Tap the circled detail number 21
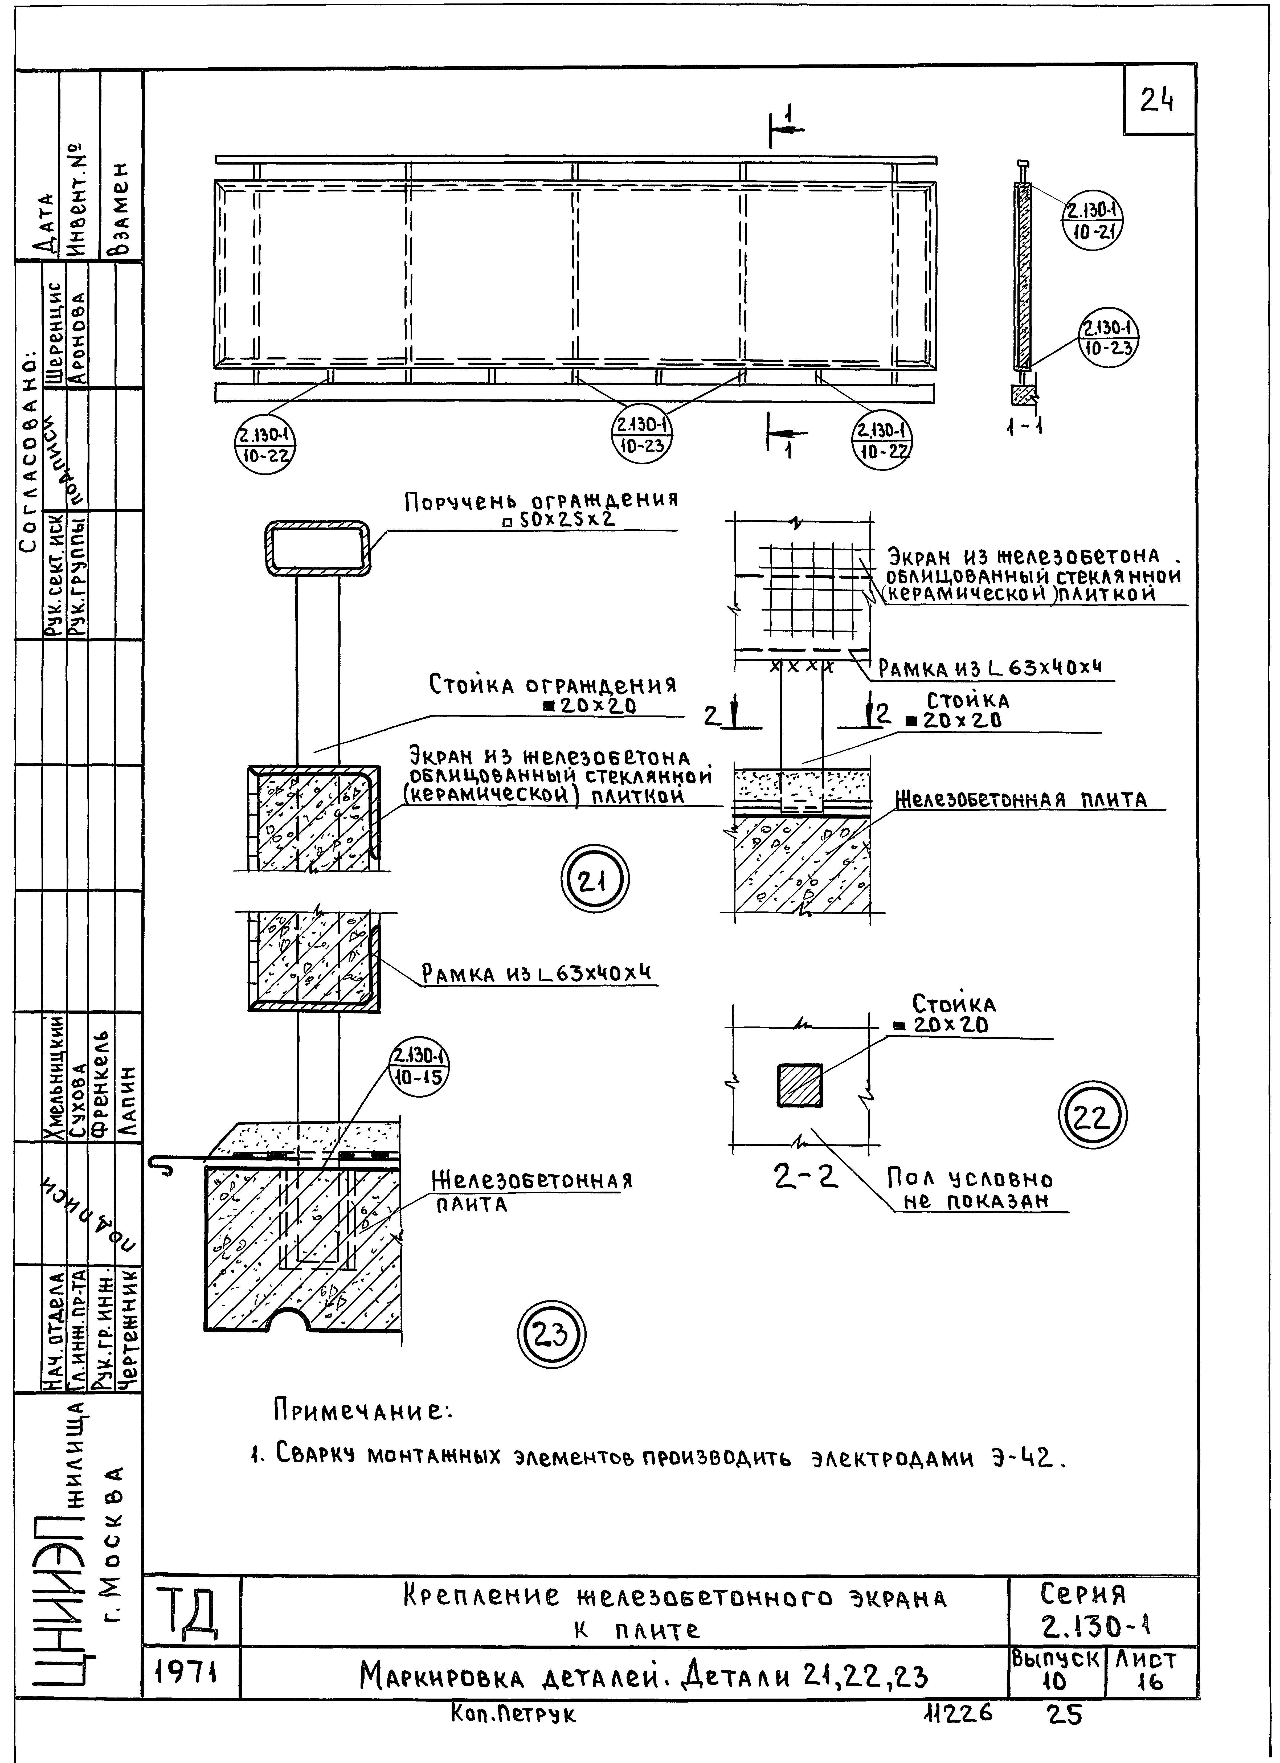tap(595, 881)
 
